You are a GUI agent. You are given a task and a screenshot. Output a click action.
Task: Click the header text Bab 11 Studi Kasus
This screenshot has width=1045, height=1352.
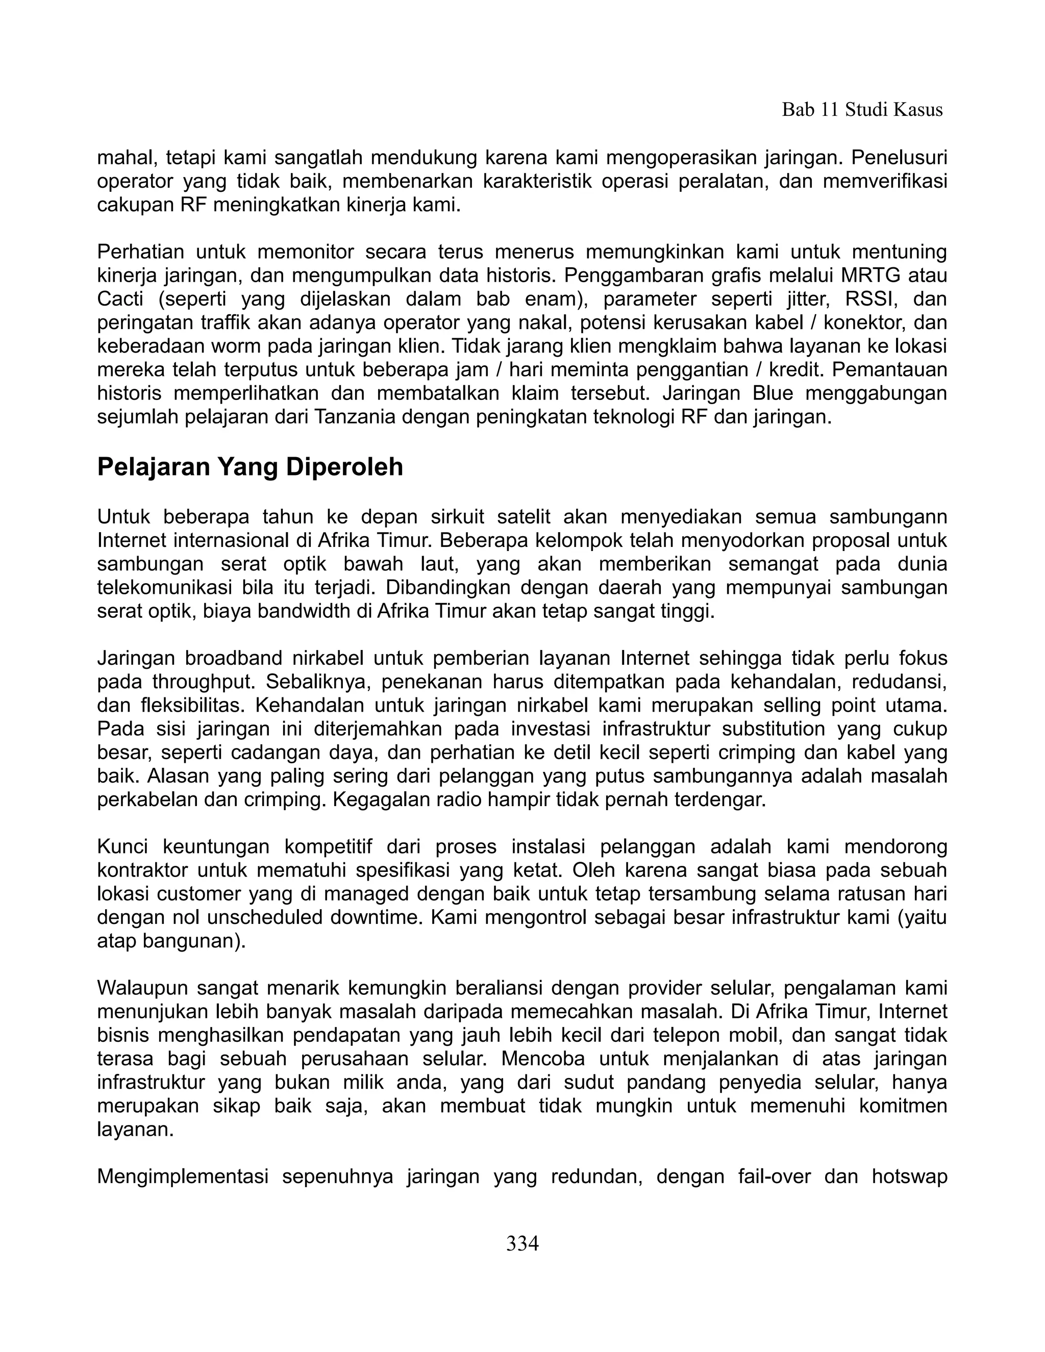coord(862,110)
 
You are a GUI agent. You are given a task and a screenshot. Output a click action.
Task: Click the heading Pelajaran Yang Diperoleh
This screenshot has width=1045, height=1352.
coord(250,467)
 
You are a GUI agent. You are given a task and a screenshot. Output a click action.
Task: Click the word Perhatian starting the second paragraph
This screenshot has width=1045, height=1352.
coord(140,252)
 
